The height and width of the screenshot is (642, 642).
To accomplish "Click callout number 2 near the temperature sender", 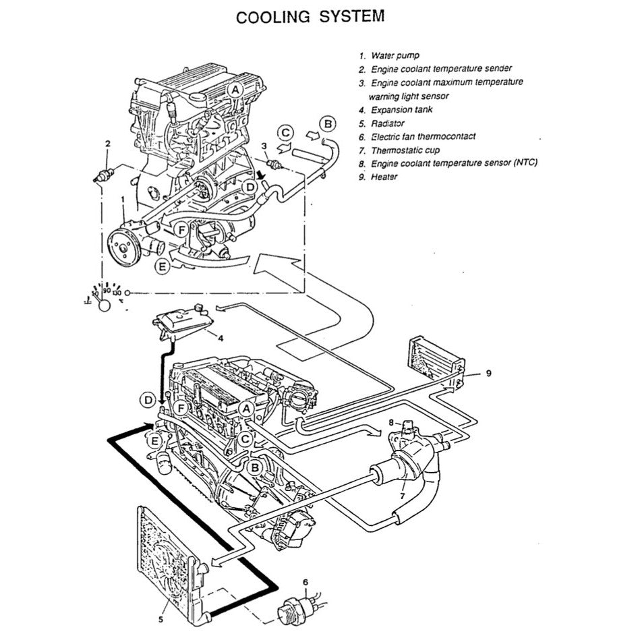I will point(107,144).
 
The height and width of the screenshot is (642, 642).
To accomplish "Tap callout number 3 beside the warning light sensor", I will point(264,146).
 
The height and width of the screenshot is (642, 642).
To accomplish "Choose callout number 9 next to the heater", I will point(489,372).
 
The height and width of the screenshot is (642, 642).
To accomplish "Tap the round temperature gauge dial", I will point(105,305).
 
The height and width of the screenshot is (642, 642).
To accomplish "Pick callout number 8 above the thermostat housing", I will point(390,423).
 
